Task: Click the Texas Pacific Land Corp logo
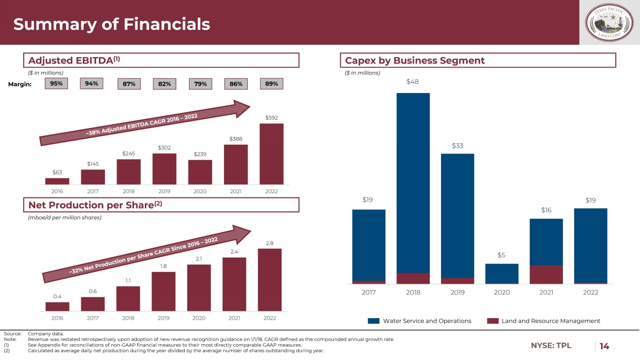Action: (x=609, y=22)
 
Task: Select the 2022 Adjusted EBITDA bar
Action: (x=271, y=154)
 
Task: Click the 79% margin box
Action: (x=200, y=84)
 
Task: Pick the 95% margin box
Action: (x=56, y=84)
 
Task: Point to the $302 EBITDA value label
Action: (x=164, y=148)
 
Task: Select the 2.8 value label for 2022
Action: (x=270, y=243)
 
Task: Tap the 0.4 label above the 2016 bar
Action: (x=57, y=296)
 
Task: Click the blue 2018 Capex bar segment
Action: (x=413, y=183)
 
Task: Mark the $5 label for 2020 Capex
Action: (x=502, y=255)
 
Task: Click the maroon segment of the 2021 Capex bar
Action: (x=546, y=275)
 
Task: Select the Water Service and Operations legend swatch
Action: (x=374, y=321)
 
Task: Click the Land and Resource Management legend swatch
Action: (x=493, y=321)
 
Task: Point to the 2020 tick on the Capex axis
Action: (x=502, y=293)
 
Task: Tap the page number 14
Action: (x=604, y=346)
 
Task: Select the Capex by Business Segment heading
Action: (x=415, y=61)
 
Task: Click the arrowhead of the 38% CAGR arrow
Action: (x=243, y=108)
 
